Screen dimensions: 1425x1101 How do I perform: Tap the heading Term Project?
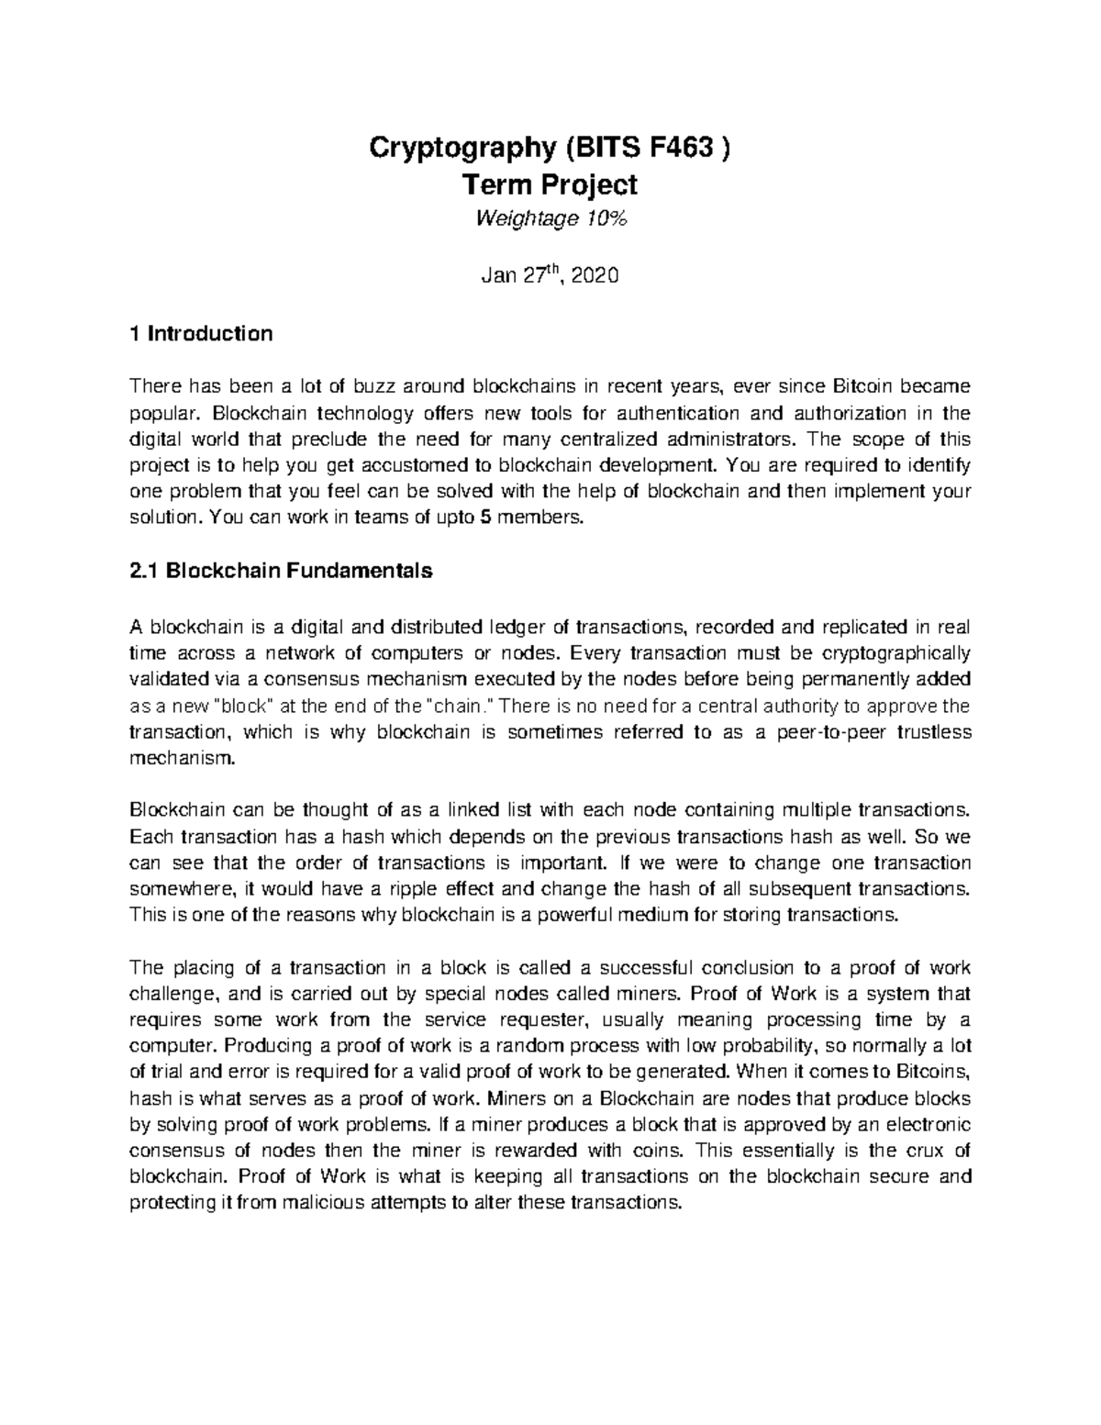pyautogui.click(x=550, y=185)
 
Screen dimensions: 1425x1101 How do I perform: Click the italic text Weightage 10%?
pyautogui.click(x=550, y=219)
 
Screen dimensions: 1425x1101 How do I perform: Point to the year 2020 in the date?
pyautogui.click(x=595, y=275)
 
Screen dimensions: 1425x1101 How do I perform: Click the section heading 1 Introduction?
pyautogui.click(x=201, y=333)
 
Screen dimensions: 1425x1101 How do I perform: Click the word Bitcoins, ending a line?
pyautogui.click(x=933, y=1073)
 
